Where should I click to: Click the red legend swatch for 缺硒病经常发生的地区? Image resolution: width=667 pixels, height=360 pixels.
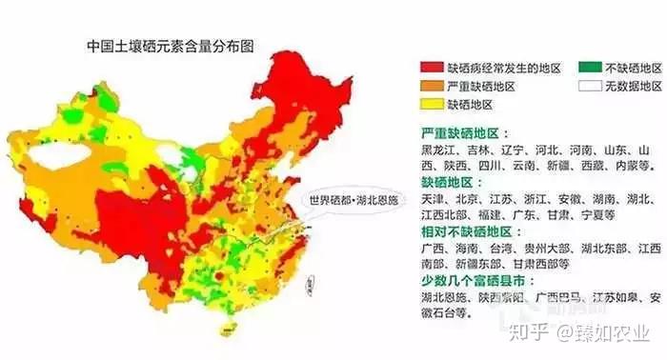[433, 69]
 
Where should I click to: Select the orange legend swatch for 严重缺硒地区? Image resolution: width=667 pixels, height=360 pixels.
[433, 86]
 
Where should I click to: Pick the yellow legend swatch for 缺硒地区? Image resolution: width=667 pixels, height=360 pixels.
[433, 103]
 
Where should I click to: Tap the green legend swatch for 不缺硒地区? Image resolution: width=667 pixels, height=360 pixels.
[590, 69]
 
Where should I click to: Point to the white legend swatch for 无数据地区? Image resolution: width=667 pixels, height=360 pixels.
[590, 86]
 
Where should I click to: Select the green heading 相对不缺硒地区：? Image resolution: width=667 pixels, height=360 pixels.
[478, 231]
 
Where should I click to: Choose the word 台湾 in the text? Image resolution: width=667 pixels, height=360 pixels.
[519, 249]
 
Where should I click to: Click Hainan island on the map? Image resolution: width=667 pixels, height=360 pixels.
[227, 329]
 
